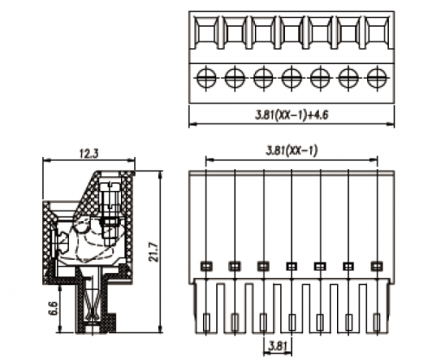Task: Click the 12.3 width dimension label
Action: coord(89,154)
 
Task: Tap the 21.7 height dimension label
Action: coord(154,252)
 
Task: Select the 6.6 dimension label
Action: coord(54,308)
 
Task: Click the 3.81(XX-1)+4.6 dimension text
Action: coord(291,115)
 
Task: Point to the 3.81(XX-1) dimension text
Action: coord(291,150)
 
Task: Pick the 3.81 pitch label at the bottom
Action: coord(278,346)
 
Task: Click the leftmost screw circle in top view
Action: coord(206,78)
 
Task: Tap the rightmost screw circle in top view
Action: coord(377,78)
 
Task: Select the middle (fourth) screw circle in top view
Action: coord(291,78)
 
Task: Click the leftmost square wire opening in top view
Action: coord(206,33)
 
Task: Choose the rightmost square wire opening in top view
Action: coord(377,33)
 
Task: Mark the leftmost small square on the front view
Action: coord(206,266)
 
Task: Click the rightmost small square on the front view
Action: coord(377,266)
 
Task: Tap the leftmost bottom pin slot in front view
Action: coord(206,322)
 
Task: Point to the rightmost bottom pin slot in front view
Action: coord(377,322)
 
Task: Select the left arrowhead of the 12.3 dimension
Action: coord(46,160)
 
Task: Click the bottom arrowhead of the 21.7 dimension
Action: coord(161,330)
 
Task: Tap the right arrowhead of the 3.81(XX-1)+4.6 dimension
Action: coord(391,124)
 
